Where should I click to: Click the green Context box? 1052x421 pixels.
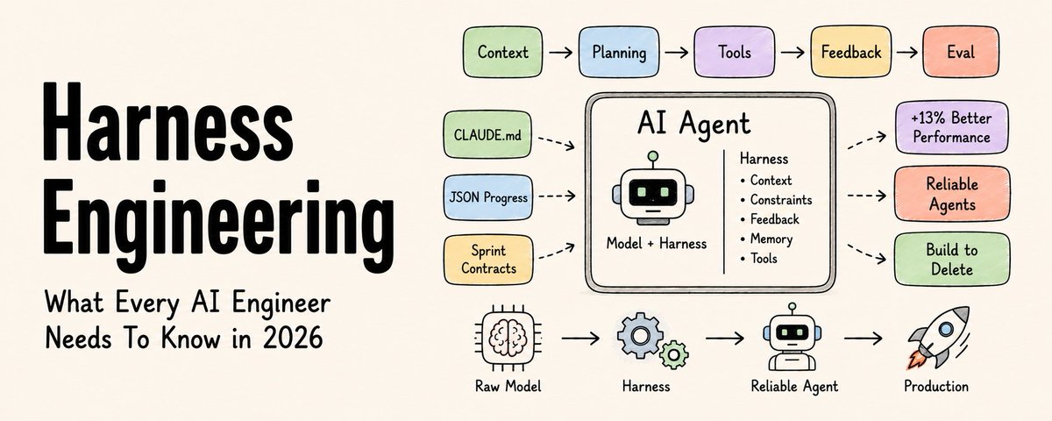click(x=502, y=52)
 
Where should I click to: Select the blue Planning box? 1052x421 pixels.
click(x=619, y=52)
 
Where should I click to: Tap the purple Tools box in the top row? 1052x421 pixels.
click(x=735, y=52)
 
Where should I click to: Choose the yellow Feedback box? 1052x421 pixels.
click(x=851, y=52)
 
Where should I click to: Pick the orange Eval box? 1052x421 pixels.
click(x=961, y=52)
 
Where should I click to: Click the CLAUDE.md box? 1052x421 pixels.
click(x=487, y=135)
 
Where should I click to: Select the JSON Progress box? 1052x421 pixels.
click(x=488, y=197)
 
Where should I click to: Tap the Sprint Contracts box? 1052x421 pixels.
click(x=488, y=260)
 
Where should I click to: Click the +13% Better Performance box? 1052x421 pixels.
click(x=951, y=127)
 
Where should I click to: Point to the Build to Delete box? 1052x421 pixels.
click(x=952, y=260)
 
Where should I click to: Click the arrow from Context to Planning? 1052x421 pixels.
click(x=561, y=52)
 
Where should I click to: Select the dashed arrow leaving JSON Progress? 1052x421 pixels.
click(x=557, y=196)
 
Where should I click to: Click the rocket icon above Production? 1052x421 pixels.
click(x=938, y=338)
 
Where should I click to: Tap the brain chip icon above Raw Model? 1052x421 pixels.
click(x=508, y=335)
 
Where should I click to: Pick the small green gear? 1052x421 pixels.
click(x=674, y=354)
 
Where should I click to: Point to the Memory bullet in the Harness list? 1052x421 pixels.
click(x=766, y=239)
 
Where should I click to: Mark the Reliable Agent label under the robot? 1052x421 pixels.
click(x=794, y=387)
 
